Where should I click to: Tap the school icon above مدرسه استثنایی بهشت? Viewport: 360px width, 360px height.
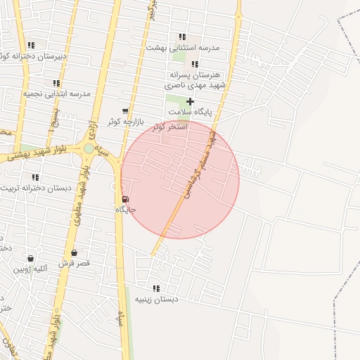point(182,37)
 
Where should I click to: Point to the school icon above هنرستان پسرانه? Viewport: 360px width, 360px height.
point(195,64)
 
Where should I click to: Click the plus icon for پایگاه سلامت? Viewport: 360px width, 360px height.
point(190,101)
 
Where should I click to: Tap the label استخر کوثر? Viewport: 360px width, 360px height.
point(172,127)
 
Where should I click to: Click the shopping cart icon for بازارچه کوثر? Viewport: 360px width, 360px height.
point(125,110)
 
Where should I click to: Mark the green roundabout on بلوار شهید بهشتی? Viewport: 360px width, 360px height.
point(89,148)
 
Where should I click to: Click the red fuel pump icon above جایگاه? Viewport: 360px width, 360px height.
point(126,199)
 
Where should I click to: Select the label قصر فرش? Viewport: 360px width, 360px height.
point(74,263)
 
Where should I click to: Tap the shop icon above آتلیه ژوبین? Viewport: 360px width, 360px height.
point(30,258)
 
